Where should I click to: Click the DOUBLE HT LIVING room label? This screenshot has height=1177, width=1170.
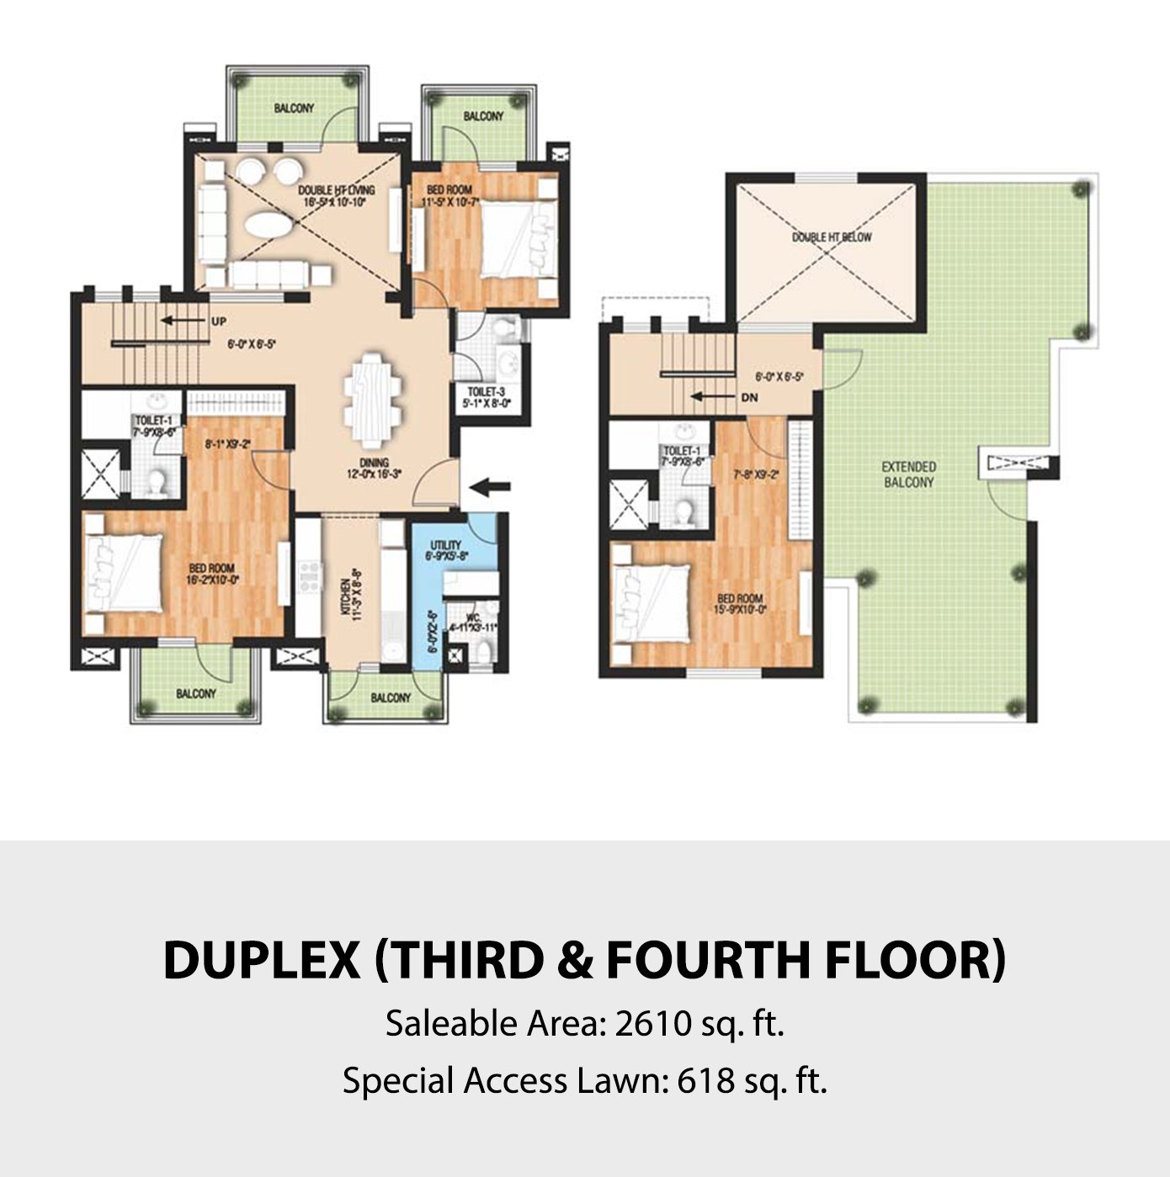click(336, 190)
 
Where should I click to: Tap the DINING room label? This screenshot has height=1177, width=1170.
click(374, 463)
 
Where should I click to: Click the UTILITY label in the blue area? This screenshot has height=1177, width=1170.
click(445, 544)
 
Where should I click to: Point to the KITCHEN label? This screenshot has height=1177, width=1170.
click(344, 598)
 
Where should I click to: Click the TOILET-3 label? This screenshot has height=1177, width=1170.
click(487, 391)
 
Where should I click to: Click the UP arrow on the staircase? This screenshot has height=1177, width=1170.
click(185, 321)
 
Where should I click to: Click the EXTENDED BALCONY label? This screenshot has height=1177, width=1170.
click(908, 474)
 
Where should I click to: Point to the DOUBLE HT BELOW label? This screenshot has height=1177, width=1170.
click(831, 237)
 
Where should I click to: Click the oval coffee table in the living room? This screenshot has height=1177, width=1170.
click(267, 226)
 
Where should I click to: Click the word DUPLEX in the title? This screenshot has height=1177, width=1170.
click(261, 960)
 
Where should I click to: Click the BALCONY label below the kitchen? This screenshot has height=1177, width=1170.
click(391, 697)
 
